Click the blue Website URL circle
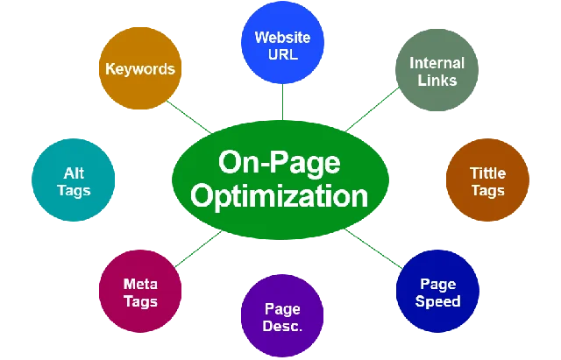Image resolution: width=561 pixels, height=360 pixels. (x=282, y=43)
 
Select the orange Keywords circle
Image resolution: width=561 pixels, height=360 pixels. (x=140, y=68)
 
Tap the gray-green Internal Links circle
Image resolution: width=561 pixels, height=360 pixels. (x=437, y=70)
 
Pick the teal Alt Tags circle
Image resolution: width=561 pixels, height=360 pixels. (x=74, y=180)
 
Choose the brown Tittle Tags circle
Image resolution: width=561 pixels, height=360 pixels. (x=487, y=180)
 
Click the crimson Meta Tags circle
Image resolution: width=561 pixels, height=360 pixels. (x=140, y=291)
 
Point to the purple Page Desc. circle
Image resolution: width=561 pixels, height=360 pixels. (x=282, y=315)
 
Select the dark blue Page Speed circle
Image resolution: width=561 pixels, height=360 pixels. (x=437, y=291)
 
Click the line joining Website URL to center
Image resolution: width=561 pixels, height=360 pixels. (x=282, y=102)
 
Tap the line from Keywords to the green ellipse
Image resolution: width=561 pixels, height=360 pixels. (x=189, y=117)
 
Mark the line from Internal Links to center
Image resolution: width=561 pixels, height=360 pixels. (x=372, y=109)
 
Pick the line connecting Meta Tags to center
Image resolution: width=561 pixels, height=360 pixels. (x=198, y=249)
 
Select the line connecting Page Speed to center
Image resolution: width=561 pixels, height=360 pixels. (x=373, y=249)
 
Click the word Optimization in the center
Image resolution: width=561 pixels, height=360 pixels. (x=280, y=196)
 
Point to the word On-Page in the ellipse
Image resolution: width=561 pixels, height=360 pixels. (x=280, y=163)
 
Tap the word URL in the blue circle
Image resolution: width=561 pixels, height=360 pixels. (x=283, y=54)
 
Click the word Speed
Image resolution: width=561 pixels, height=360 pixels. (x=437, y=301)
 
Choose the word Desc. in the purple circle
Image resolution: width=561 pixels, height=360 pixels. (x=282, y=326)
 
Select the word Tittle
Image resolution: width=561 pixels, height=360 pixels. (x=487, y=173)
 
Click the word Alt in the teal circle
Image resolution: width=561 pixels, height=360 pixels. (x=74, y=173)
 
